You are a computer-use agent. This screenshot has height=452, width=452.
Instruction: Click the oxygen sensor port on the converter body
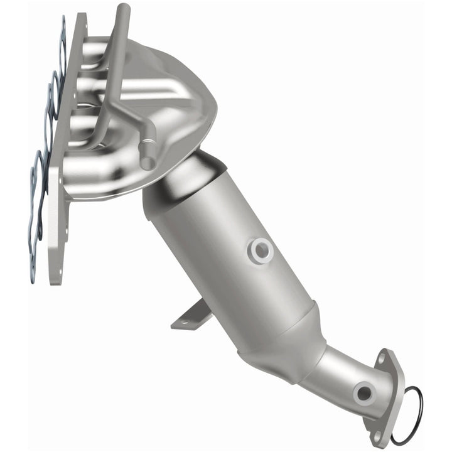pyautogui.click(x=260, y=250)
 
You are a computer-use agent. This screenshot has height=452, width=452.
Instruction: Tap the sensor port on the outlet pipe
pyautogui.click(x=363, y=394)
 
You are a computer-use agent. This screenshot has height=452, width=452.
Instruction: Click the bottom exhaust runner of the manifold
pyautogui.click(x=94, y=173)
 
